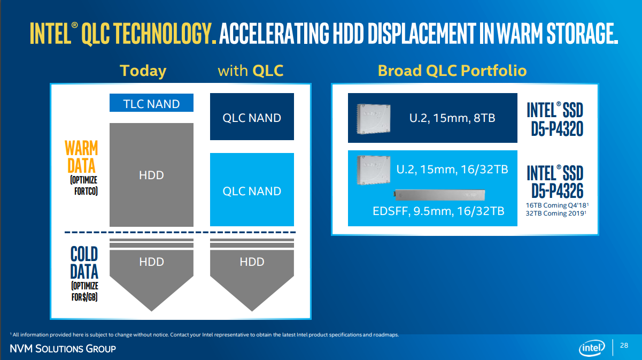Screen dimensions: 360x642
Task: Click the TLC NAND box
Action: [151, 103]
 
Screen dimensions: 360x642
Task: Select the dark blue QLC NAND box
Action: [252, 117]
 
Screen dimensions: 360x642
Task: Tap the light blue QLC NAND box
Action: [252, 190]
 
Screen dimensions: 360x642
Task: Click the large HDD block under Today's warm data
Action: [151, 175]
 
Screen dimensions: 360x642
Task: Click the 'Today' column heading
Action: [143, 71]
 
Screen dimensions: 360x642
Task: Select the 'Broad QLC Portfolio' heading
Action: [452, 71]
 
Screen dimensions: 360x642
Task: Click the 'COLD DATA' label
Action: [84, 262]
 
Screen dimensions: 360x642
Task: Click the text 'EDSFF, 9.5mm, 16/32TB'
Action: [438, 211]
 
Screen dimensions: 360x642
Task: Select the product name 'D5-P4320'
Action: [557, 130]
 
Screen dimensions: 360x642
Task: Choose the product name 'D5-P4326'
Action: [557, 190]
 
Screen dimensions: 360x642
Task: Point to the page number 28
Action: [624, 346]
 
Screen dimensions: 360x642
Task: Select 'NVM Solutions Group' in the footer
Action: [63, 349]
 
